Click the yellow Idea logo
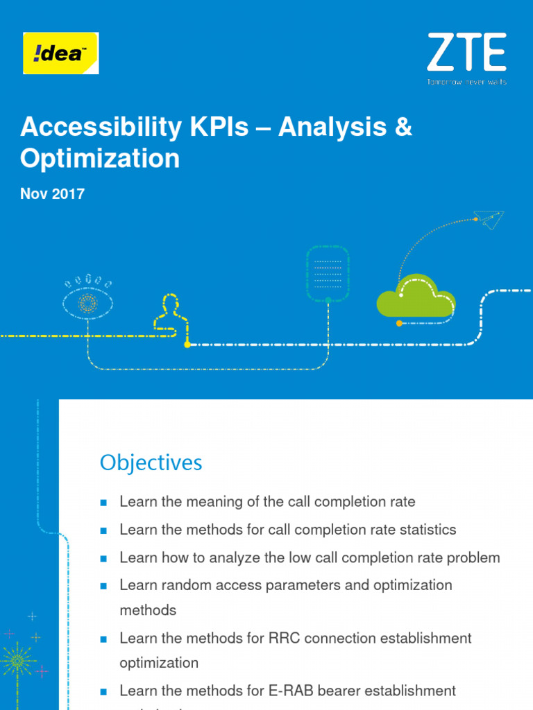tap(61, 53)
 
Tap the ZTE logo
tap(466, 53)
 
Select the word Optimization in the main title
tap(100, 159)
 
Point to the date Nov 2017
tap(53, 194)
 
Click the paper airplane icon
tap(491, 219)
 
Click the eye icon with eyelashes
tap(87, 300)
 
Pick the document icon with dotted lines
tap(328, 273)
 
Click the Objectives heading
tap(151, 462)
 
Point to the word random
tap(180, 585)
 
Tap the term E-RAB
tap(289, 691)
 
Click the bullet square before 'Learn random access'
tap(103, 586)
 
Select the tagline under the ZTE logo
tap(466, 82)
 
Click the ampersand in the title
tap(403, 128)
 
